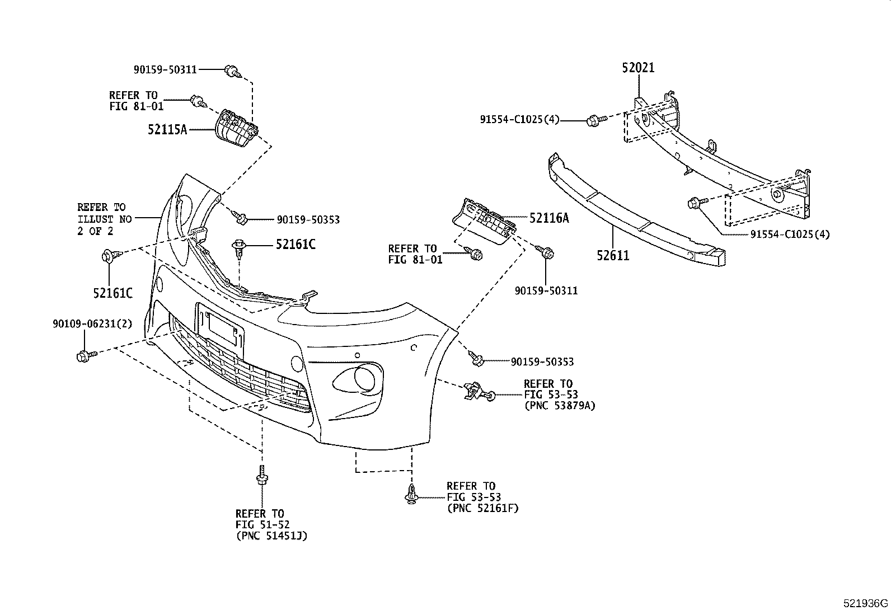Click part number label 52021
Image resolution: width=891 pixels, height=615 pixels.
[638, 68]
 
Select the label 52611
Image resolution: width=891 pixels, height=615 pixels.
[613, 256]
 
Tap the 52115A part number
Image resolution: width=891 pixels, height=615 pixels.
[167, 129]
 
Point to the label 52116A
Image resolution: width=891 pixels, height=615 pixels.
[548, 218]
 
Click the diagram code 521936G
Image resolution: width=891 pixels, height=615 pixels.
[866, 604]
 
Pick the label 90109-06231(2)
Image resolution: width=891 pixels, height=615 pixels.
[92, 324]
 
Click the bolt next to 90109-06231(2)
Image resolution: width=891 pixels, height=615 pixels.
[85, 355]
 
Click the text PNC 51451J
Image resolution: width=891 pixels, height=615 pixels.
[271, 536]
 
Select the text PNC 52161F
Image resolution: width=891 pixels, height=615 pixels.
[482, 508]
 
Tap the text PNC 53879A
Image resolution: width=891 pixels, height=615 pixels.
[559, 406]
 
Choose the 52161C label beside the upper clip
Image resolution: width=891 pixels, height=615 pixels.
[295, 245]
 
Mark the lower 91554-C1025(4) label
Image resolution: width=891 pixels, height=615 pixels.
[790, 234]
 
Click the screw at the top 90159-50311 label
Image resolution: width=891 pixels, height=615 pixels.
[232, 71]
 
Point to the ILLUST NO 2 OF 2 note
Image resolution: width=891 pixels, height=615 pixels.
[105, 219]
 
